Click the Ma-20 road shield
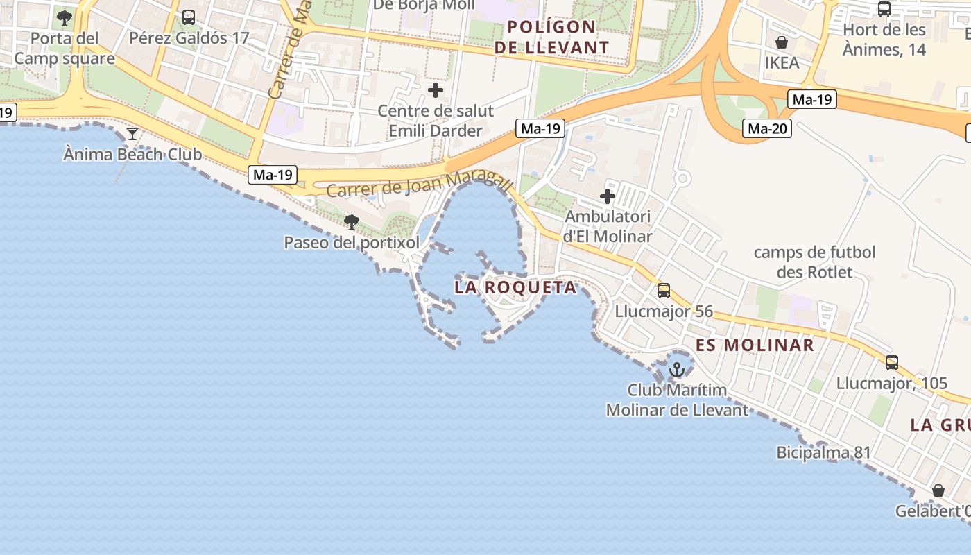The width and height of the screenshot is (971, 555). [768, 128]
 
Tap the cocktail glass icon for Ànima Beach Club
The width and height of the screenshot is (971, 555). [132, 133]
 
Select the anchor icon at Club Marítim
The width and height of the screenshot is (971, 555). [677, 369]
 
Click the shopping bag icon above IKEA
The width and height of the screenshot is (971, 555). [782, 42]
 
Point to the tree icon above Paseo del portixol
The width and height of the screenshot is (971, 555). [352, 222]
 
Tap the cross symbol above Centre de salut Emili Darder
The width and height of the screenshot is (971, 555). [436, 90]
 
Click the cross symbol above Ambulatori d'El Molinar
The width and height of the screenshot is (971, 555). [608, 196]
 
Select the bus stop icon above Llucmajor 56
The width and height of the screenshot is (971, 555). [664, 291]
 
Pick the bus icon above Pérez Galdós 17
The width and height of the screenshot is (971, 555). [189, 17]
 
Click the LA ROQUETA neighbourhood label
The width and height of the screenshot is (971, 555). [516, 287]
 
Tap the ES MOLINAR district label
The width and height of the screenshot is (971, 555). [755, 345]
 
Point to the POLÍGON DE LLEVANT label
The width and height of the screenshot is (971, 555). [558, 37]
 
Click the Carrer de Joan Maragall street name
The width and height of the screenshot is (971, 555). [420, 185]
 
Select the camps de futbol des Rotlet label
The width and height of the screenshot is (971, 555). [815, 262]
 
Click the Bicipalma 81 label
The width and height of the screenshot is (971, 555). [823, 453]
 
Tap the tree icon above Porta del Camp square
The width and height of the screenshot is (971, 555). [65, 17]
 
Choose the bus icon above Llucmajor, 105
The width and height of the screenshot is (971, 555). [892, 362]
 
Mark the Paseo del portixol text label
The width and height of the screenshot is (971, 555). [352, 243]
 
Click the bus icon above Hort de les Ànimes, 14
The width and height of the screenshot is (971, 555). [884, 9]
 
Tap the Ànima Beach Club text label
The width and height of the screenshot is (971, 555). [132, 154]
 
